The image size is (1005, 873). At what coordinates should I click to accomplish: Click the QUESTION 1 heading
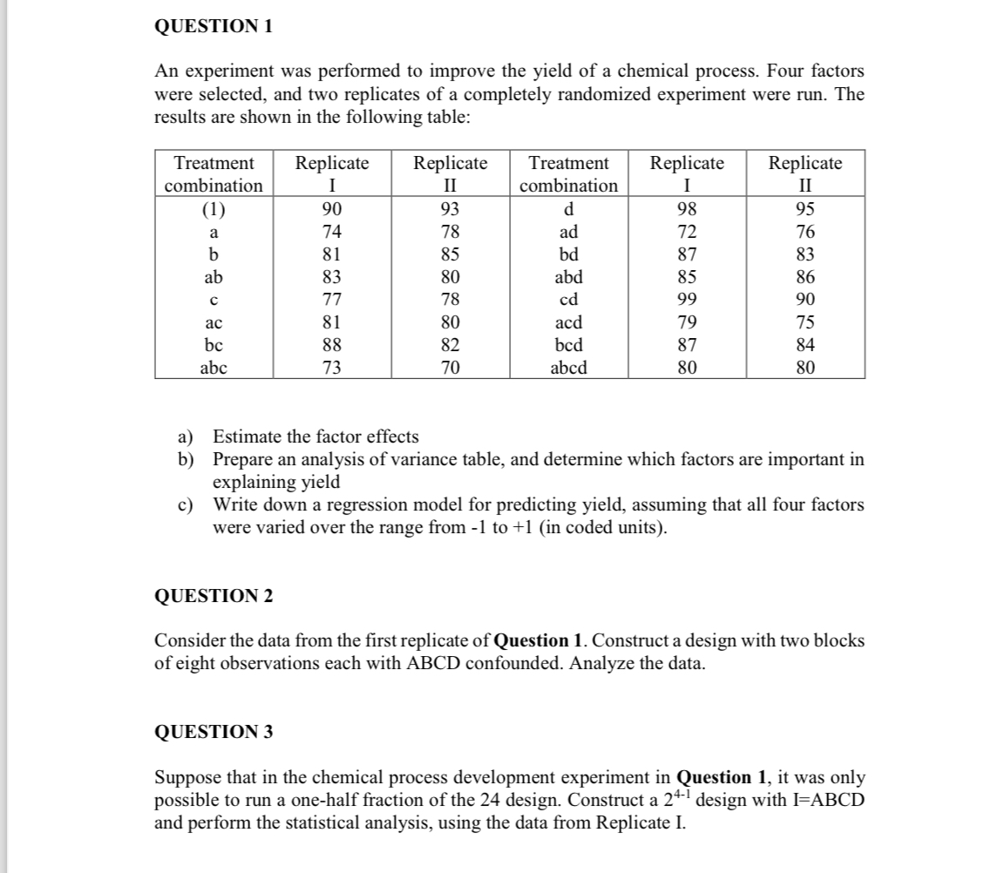tap(214, 27)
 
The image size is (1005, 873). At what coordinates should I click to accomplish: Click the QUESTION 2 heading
tap(214, 596)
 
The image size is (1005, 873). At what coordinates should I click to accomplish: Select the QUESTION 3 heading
tap(214, 732)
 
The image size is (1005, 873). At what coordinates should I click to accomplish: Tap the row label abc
tap(214, 368)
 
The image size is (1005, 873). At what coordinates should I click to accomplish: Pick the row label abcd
tap(568, 368)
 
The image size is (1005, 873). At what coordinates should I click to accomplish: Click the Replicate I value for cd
tap(688, 300)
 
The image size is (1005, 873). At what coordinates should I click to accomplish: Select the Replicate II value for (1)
tap(450, 209)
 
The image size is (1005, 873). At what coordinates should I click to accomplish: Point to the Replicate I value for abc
tap(331, 368)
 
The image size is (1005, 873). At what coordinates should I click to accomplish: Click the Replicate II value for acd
tap(805, 322)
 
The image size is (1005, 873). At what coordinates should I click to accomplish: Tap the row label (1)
tap(214, 209)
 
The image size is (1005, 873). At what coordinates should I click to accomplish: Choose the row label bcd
tap(568, 345)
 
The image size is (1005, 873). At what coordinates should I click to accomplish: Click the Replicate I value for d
tap(688, 209)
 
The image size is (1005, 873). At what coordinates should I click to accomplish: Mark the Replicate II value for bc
tap(450, 345)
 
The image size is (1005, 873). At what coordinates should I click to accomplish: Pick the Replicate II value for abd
tap(805, 277)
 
